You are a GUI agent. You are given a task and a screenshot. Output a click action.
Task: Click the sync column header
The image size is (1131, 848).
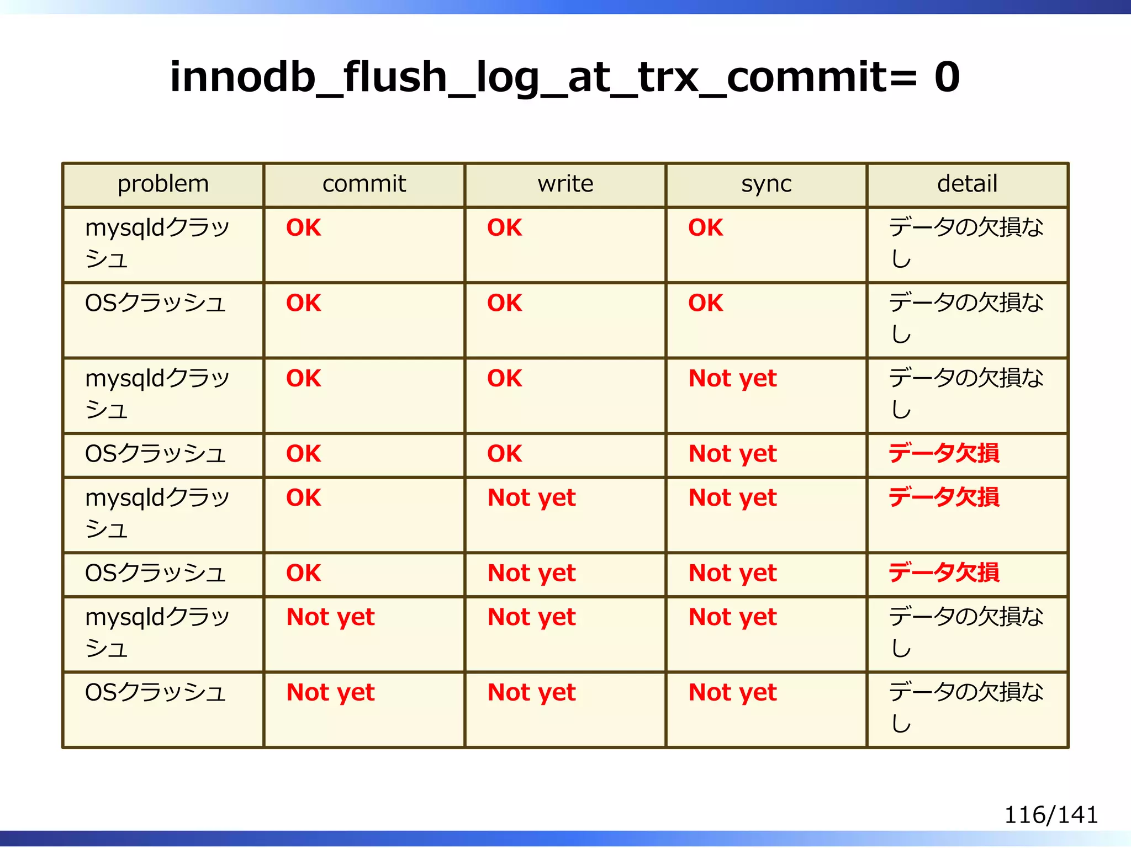pyautogui.click(x=766, y=184)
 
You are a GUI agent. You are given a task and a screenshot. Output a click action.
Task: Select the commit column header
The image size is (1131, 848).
pyautogui.click(x=364, y=184)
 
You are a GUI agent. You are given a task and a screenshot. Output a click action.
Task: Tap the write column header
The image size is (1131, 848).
pyautogui.click(x=565, y=184)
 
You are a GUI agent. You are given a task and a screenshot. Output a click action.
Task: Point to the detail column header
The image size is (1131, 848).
pyautogui.click(x=967, y=184)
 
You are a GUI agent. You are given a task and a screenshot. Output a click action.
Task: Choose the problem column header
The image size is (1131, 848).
pyautogui.click(x=163, y=184)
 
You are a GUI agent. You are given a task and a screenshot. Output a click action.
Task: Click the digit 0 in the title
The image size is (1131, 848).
pyautogui.click(x=947, y=77)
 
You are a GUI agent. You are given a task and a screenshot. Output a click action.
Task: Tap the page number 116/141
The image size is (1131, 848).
pyautogui.click(x=1050, y=815)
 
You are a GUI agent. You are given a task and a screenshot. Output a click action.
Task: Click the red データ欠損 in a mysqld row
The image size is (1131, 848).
pyautogui.click(x=944, y=497)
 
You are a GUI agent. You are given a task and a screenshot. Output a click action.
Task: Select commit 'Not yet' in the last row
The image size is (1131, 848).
pyautogui.click(x=330, y=692)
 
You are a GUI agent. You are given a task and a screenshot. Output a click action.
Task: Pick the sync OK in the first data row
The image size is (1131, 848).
pyautogui.click(x=705, y=227)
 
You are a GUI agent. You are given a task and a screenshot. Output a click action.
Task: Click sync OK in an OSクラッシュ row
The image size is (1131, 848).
pyautogui.click(x=705, y=303)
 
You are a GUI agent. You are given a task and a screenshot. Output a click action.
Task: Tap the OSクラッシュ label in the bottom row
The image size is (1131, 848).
pyautogui.click(x=155, y=692)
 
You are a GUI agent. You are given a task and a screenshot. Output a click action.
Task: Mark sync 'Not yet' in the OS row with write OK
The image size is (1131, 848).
pyautogui.click(x=732, y=454)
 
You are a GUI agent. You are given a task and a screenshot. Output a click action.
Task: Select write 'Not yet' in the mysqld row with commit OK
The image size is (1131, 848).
pyautogui.click(x=531, y=497)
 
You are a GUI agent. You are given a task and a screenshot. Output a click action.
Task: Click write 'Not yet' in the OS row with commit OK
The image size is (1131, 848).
pyautogui.click(x=531, y=573)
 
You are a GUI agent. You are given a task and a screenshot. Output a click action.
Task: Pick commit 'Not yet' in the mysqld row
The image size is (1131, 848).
pyautogui.click(x=330, y=617)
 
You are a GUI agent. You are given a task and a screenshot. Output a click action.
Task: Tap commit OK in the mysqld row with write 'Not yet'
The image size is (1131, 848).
pyautogui.click(x=303, y=497)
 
